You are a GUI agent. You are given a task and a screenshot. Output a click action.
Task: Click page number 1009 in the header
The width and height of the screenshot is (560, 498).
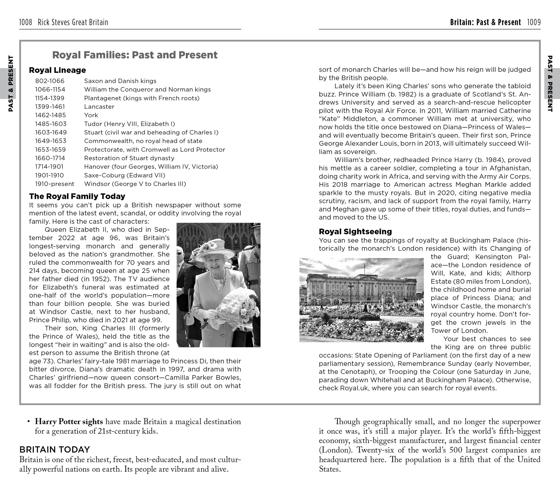tap(534, 22)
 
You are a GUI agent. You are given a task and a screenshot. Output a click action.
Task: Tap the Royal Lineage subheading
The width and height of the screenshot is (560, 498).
tap(57, 70)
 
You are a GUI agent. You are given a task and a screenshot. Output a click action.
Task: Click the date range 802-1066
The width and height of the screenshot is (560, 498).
tap(50, 81)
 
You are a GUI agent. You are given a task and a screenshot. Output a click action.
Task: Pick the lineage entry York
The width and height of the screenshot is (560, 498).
tap(91, 115)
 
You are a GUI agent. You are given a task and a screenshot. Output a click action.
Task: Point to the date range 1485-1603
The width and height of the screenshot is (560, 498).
tap(51, 124)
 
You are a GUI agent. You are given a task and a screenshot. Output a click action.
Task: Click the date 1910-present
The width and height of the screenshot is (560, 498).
tap(54, 184)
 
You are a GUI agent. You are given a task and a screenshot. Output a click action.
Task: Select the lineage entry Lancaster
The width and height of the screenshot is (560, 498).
tap(99, 107)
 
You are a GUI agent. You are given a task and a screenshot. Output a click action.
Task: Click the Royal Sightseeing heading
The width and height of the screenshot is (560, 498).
tap(355, 232)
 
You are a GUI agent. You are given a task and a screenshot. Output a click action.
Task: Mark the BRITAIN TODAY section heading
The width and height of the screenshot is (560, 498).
tap(54, 450)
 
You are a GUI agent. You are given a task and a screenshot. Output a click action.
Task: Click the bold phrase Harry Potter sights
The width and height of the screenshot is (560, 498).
tap(69, 422)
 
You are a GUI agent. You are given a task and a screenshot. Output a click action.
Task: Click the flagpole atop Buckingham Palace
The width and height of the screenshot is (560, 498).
tap(364, 267)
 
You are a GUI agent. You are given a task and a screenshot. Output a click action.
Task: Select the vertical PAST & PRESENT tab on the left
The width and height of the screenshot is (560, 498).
tap(10, 83)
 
